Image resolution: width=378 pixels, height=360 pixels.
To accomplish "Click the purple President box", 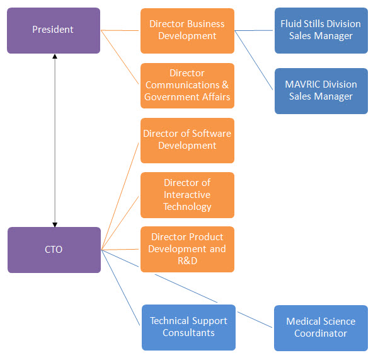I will coord(54,30).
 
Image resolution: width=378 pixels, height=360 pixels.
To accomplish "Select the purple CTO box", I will coord(54,250).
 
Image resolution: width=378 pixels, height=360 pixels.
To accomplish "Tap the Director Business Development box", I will coord(187,30).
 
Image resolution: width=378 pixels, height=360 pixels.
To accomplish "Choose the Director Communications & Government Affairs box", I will coord(187,85).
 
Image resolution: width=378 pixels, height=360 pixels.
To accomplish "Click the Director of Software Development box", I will coord(187,140).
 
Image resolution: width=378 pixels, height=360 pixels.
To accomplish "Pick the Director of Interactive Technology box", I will coord(187,195).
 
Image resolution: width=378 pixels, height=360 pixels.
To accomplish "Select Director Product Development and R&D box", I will coord(187,249).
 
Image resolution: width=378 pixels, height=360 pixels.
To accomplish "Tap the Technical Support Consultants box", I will coord(188,327).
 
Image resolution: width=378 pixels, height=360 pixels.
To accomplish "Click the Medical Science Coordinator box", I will coord(321,328).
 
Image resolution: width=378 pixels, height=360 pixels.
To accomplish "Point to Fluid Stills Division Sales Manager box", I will coord(321,30).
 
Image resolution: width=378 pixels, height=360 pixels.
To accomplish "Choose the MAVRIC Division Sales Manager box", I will coord(321,91).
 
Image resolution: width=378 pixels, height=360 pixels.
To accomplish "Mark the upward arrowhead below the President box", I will coord(55,57).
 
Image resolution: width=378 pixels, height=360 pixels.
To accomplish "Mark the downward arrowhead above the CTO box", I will coord(55,223).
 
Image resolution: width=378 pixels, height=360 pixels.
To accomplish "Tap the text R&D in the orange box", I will coord(187,260).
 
